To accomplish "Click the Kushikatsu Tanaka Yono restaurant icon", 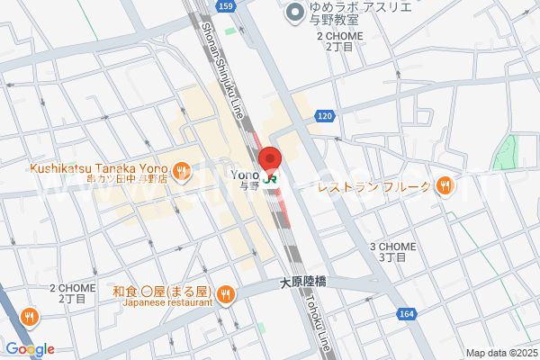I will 181,169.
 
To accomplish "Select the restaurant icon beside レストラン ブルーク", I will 444,186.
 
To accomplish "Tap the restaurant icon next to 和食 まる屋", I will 225,293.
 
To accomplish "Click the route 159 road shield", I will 226,6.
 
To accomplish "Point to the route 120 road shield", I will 326,116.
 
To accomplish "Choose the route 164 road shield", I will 407,313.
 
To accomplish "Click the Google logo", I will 30,349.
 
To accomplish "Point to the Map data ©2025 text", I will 500,352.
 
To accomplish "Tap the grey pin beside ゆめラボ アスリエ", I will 293,13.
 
